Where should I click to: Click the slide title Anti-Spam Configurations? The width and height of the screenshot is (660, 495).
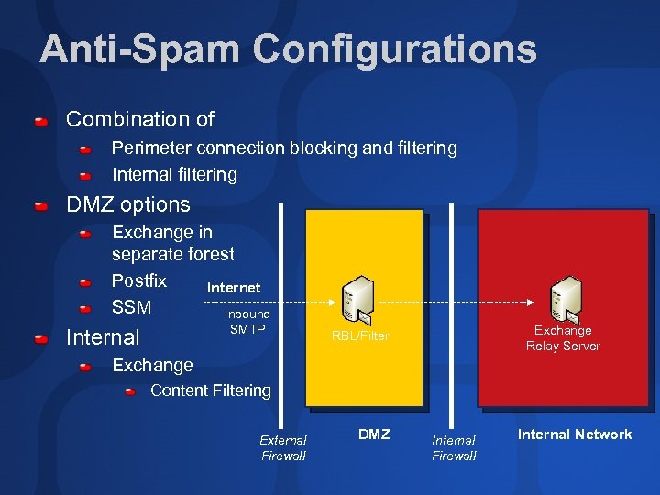point(288,49)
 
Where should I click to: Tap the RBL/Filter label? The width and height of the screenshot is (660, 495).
point(360,336)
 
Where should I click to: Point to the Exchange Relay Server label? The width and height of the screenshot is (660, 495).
point(563,338)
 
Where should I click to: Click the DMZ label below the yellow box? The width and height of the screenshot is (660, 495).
point(373,434)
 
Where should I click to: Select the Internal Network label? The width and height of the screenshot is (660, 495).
point(574,434)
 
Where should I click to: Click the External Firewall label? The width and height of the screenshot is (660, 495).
point(283,448)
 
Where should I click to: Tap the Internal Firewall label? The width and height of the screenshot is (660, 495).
point(454,448)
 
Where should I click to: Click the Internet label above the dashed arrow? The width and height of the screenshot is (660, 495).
point(234,288)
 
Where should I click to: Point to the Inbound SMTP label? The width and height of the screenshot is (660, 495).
point(247,321)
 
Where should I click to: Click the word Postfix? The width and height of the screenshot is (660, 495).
point(139,280)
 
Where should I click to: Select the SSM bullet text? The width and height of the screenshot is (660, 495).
point(131,307)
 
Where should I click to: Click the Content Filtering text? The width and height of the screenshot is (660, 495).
point(211,390)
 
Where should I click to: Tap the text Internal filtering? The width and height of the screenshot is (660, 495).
point(174,174)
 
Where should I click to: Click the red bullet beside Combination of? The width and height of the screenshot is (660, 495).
point(41,121)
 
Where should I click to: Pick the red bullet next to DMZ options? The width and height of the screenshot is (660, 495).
point(41,206)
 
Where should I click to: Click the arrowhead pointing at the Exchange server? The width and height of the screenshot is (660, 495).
point(533,301)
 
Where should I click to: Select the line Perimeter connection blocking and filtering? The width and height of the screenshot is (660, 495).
point(284,148)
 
